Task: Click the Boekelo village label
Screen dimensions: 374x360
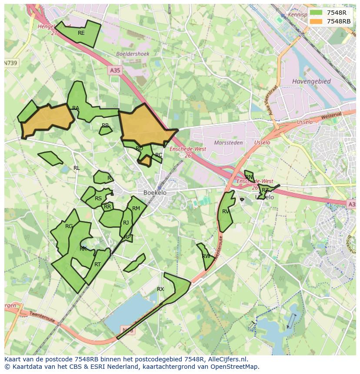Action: point(155,192)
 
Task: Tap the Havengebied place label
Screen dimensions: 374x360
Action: point(311,81)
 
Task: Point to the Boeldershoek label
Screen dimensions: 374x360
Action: point(133,54)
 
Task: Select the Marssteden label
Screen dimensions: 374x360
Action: point(228,142)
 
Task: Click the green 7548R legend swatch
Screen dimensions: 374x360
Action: point(316,13)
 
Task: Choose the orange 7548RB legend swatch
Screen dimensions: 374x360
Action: point(316,21)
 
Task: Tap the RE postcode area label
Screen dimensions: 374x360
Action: point(81,33)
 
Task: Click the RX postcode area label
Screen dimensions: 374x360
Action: point(160,289)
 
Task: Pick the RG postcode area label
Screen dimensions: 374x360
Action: point(69,226)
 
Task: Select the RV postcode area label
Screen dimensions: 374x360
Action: point(226,212)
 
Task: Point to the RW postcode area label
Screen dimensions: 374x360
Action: point(206,256)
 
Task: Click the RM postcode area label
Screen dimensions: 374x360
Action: point(136,209)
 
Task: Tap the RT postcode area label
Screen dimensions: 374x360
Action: point(97,264)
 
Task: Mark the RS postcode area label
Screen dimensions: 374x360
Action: point(98,199)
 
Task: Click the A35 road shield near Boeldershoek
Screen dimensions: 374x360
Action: point(115,70)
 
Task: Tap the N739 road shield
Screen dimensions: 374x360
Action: point(11,63)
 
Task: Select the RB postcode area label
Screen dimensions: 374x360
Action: point(105,126)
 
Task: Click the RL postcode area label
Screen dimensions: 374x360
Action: point(77,168)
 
